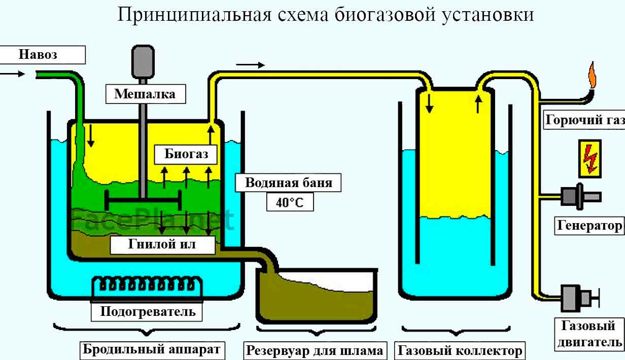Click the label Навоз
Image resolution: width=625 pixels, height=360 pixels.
coord(38,55)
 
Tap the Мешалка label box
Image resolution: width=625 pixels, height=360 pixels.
coord(145,94)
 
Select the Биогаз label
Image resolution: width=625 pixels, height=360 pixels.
coord(186,154)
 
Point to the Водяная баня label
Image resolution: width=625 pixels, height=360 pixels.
coord(288,183)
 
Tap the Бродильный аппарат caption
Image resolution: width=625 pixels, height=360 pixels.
coord(152,349)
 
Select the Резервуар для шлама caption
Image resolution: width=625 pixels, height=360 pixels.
coord(315,350)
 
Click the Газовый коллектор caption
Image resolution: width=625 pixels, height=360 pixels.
coord(460,350)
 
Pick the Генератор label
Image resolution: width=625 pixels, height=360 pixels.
coord(589,225)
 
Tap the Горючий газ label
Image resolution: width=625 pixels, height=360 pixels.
coord(584,120)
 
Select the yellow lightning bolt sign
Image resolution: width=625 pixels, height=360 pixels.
coord(589,158)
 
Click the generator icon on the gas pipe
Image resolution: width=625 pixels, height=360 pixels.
coord(580,196)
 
